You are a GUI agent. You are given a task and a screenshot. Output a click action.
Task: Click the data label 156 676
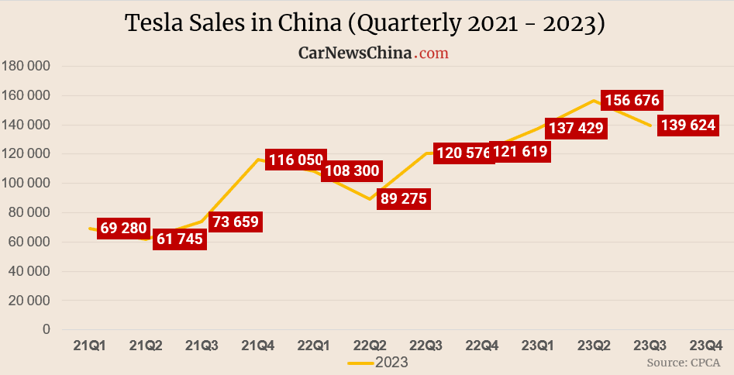[x=633, y=101]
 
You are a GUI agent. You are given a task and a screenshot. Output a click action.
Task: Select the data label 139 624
[x=687, y=126]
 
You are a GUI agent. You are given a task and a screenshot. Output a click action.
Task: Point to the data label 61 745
[x=178, y=239]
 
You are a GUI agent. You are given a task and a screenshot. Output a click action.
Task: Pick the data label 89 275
[x=401, y=198]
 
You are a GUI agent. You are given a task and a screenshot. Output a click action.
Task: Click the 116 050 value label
[x=295, y=160]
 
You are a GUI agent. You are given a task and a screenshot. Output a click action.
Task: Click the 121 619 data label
[x=520, y=152]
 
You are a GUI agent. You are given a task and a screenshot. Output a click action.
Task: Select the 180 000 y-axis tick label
[x=27, y=66]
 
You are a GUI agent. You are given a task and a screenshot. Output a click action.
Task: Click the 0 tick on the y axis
[x=47, y=329]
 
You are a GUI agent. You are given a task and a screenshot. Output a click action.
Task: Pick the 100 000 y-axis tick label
[x=27, y=183]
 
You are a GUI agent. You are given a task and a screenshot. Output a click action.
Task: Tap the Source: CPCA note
[x=683, y=362]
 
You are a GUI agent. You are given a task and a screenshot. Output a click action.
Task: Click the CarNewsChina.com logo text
[x=374, y=53]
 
